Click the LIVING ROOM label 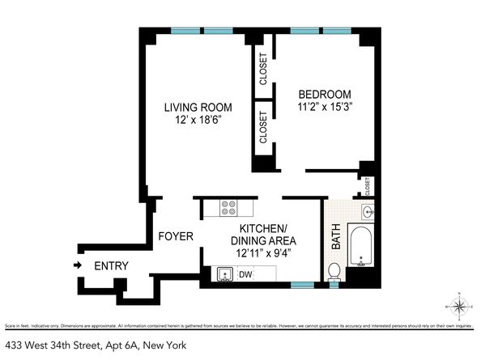[x=198, y=108]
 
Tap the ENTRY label [x=112, y=266]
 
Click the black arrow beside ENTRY [x=77, y=265]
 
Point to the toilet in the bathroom [x=334, y=270]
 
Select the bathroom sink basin [x=368, y=212]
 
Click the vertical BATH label [x=336, y=239]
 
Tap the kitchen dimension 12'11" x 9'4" [x=263, y=252]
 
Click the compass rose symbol [x=458, y=306]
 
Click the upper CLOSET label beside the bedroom [x=263, y=69]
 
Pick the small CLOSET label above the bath [x=368, y=185]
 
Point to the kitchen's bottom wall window [x=302, y=285]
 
